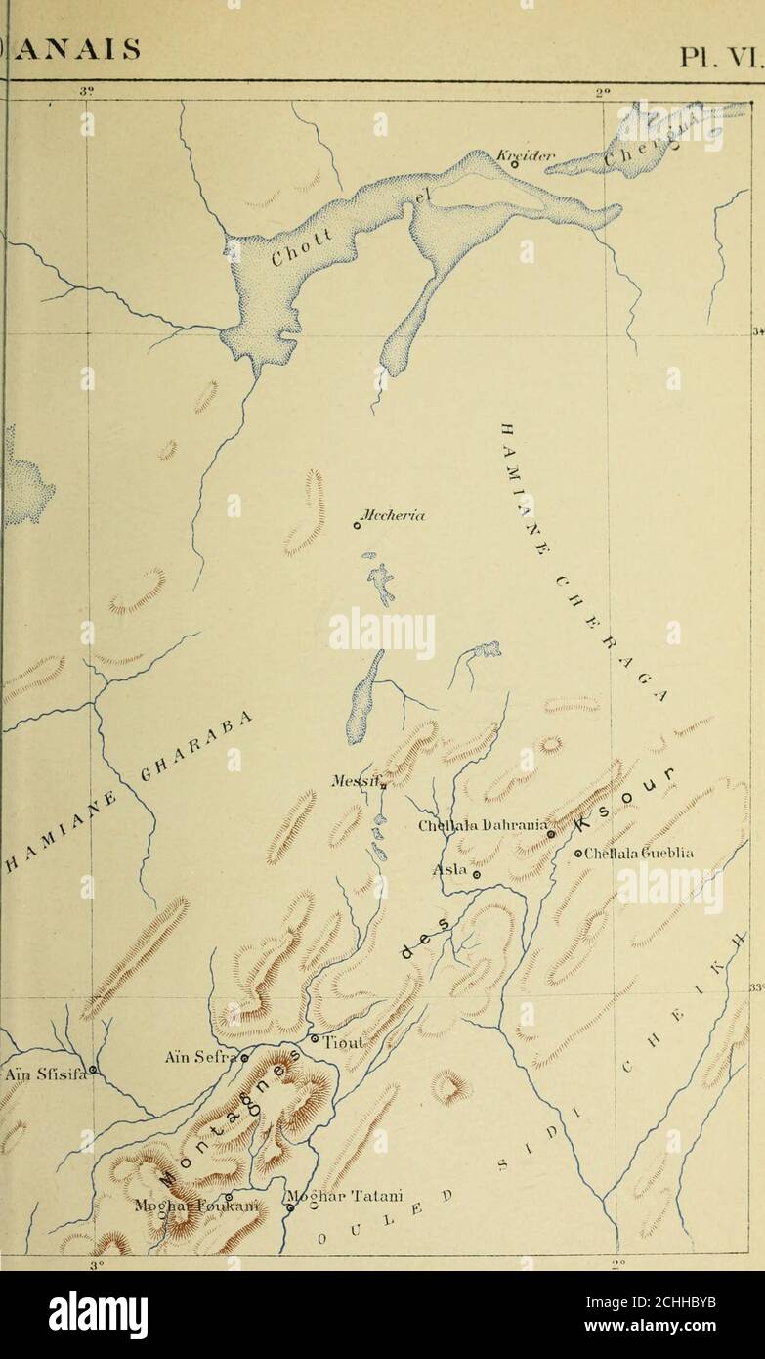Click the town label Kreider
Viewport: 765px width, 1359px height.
512,155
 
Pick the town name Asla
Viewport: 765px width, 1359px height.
450,869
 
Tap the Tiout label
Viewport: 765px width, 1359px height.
343,1042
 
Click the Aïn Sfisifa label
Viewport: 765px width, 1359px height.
44,1075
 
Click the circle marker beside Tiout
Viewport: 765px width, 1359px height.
315,1038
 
